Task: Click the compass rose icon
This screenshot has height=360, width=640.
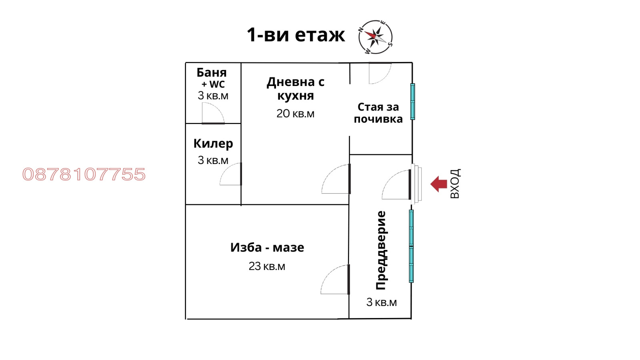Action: click(375, 37)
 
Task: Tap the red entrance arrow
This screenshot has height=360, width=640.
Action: click(439, 184)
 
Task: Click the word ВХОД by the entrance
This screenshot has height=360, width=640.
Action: click(455, 184)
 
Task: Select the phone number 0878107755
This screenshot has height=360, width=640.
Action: click(84, 174)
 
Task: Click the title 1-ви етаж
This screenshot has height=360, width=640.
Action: click(296, 35)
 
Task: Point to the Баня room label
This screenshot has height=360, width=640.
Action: click(212, 73)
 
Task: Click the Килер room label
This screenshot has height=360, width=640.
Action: click(213, 144)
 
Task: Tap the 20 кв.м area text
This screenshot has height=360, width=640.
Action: click(296, 114)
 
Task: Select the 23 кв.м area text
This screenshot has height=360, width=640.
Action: click(267, 266)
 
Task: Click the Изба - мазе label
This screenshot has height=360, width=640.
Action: click(267, 248)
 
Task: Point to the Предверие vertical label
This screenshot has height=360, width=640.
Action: click(381, 250)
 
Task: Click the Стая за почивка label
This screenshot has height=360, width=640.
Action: click(378, 113)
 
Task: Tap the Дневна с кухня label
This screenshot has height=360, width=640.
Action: click(296, 89)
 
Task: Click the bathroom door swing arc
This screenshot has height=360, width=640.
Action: click(213, 113)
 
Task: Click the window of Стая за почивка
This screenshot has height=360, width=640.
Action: click(412, 102)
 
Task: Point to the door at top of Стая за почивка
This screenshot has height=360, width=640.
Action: click(379, 73)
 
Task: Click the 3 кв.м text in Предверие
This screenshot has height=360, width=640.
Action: click(382, 302)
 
